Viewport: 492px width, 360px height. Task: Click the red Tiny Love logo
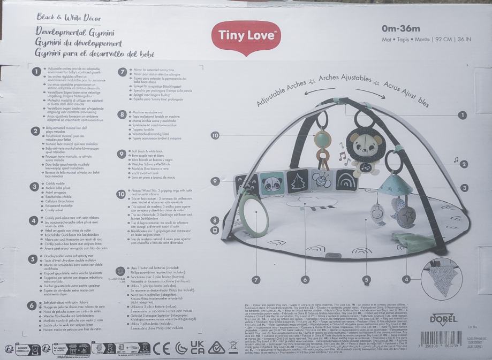[248, 36]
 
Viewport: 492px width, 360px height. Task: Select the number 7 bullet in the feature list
[122, 71]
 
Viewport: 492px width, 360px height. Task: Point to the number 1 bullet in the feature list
[36, 71]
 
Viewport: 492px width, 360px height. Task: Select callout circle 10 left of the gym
[215, 136]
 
